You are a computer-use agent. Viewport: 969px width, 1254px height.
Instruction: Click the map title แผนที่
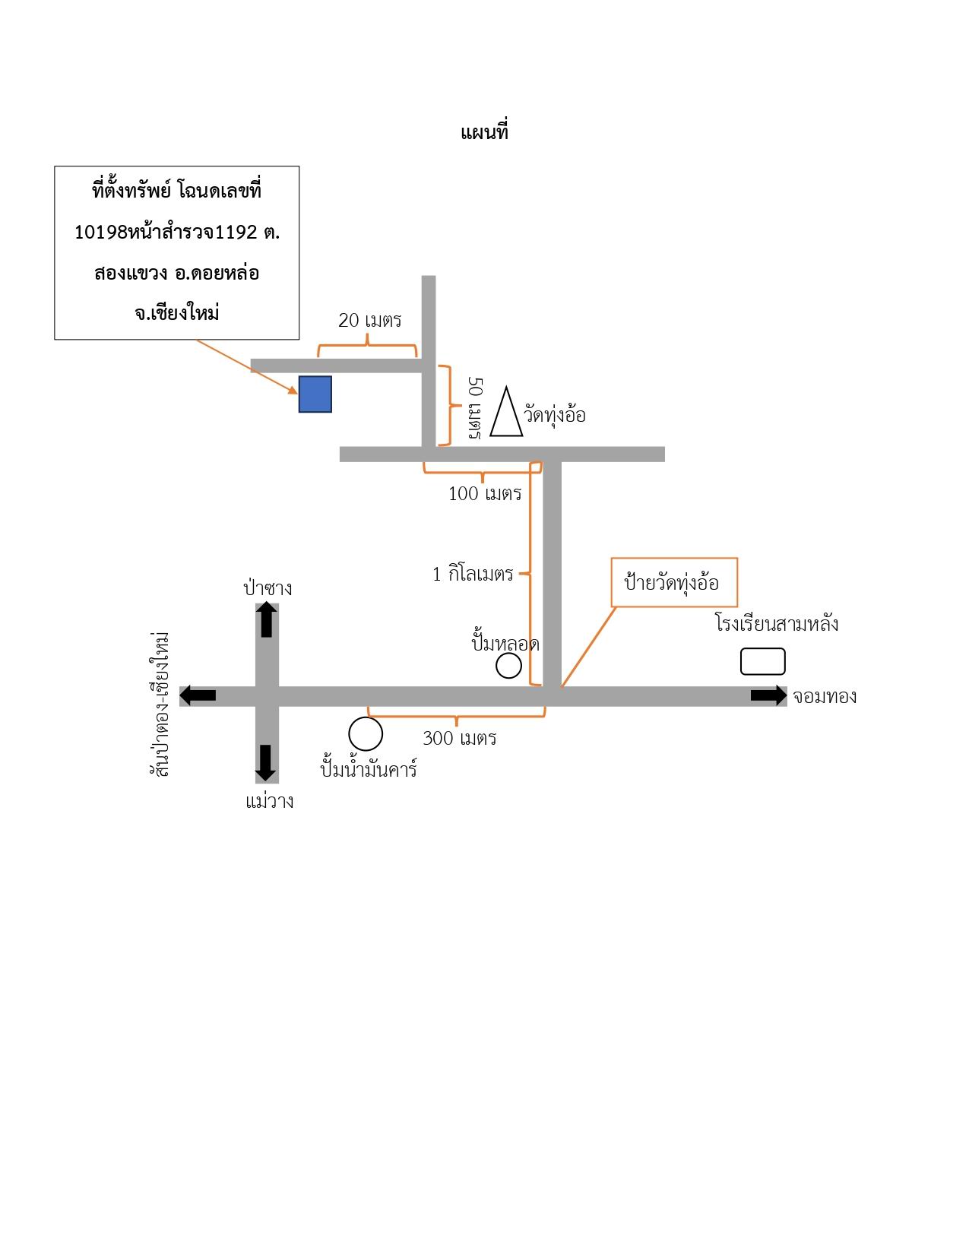click(x=483, y=132)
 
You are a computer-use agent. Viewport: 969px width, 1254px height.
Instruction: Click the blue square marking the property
click(x=315, y=394)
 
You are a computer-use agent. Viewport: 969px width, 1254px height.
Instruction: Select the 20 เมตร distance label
click(x=369, y=320)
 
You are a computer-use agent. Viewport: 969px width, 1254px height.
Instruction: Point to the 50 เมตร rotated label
click(x=475, y=408)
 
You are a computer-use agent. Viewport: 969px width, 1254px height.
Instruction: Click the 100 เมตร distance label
click(x=485, y=494)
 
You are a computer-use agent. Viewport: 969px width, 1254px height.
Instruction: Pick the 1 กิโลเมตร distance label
click(x=473, y=575)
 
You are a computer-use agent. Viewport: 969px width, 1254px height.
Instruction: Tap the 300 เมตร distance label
click(x=459, y=739)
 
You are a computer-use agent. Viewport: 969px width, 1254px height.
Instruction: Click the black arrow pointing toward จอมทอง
click(x=768, y=695)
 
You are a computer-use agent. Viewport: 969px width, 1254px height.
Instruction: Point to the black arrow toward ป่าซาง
click(x=266, y=619)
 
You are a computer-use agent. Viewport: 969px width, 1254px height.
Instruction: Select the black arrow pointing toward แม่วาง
click(x=265, y=763)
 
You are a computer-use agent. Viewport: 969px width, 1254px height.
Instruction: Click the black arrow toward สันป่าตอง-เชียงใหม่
click(x=198, y=695)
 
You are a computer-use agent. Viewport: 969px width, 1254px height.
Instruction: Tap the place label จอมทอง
click(x=824, y=697)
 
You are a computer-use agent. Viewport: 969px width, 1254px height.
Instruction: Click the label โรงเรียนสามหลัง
click(x=776, y=624)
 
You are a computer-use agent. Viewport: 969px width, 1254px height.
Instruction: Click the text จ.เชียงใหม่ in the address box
click(x=176, y=313)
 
